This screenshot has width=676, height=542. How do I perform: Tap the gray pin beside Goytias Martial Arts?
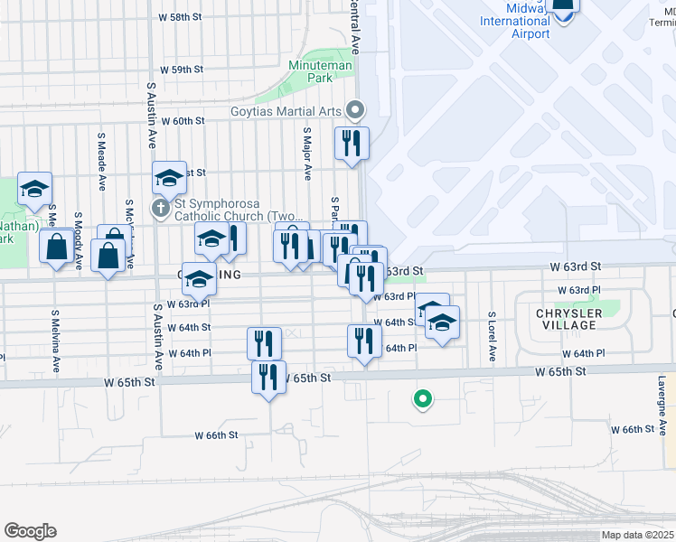pyautogui.click(x=355, y=111)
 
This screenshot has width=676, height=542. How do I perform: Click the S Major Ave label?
pyautogui.click(x=307, y=153)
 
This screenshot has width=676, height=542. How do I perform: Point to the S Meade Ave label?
pyautogui.click(x=101, y=153)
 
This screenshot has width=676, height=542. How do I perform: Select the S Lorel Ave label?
pyautogui.click(x=493, y=337)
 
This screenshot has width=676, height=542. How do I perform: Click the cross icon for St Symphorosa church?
pyautogui.click(x=161, y=210)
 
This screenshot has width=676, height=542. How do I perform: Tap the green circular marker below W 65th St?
pyautogui.click(x=420, y=397)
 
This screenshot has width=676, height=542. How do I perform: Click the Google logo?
pyautogui.click(x=30, y=531)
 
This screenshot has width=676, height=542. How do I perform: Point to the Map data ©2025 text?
pyautogui.click(x=637, y=535)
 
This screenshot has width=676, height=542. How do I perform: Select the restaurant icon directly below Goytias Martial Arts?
pyautogui.click(x=351, y=143)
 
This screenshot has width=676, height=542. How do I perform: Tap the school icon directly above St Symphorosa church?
pyautogui.click(x=169, y=177)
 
